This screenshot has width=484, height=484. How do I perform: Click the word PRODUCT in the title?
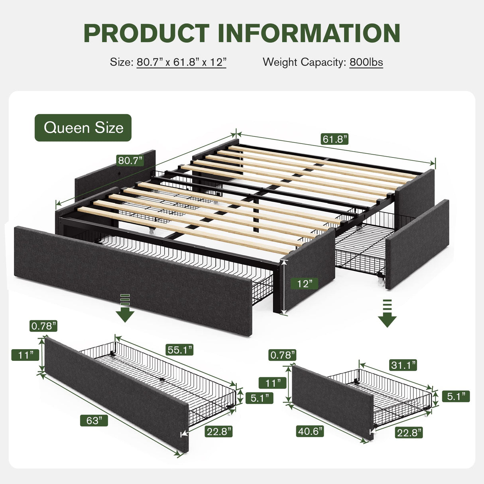pyautogui.click(x=146, y=33)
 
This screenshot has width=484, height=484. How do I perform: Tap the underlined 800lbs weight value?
pyautogui.click(x=366, y=62)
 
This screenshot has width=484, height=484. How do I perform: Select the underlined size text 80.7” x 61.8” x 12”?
pyautogui.click(x=181, y=62)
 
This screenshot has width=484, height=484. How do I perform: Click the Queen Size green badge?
pyautogui.click(x=83, y=128)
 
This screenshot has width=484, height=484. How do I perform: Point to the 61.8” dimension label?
pyautogui.click(x=334, y=139)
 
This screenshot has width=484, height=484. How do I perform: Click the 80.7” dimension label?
pyautogui.click(x=130, y=161)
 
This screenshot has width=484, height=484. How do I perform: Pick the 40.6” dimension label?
pyautogui.click(x=310, y=431)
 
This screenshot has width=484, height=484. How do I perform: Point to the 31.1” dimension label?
pyautogui.click(x=403, y=365)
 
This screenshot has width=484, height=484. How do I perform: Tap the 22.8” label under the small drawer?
pyautogui.click(x=409, y=432)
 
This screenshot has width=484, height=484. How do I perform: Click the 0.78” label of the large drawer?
pyautogui.click(x=43, y=326)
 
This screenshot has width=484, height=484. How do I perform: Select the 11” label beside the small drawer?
pyautogui.click(x=272, y=383)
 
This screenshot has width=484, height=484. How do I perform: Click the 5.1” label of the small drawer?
pyautogui.click(x=456, y=396)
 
